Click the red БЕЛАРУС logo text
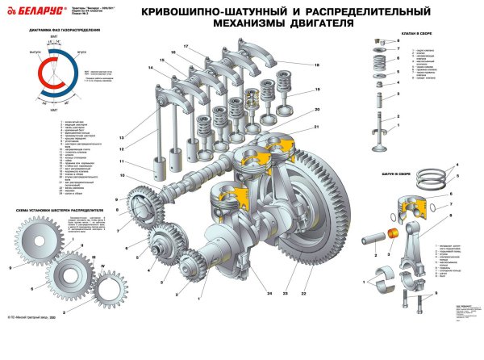[30, 10]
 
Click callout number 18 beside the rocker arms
[317, 65]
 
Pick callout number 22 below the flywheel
[302, 294]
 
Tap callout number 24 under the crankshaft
[246, 294]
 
